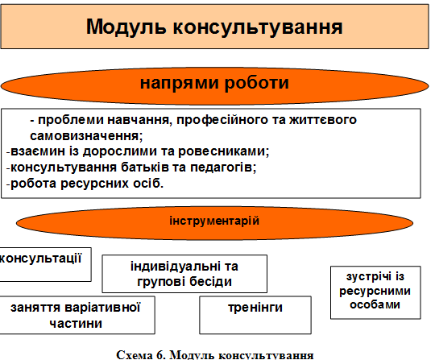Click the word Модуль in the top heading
[126, 27]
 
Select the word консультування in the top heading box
[258, 27]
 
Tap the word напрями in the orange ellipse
[179, 84]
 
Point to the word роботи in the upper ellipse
[257, 83]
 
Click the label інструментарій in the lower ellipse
[214, 221]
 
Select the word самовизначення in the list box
[86, 136]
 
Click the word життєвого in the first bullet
[323, 120]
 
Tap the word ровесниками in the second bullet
[224, 151]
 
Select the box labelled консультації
[45, 264]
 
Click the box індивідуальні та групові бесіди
[184, 274]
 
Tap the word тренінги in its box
[255, 308]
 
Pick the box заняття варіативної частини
[77, 315]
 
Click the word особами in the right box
[375, 304]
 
